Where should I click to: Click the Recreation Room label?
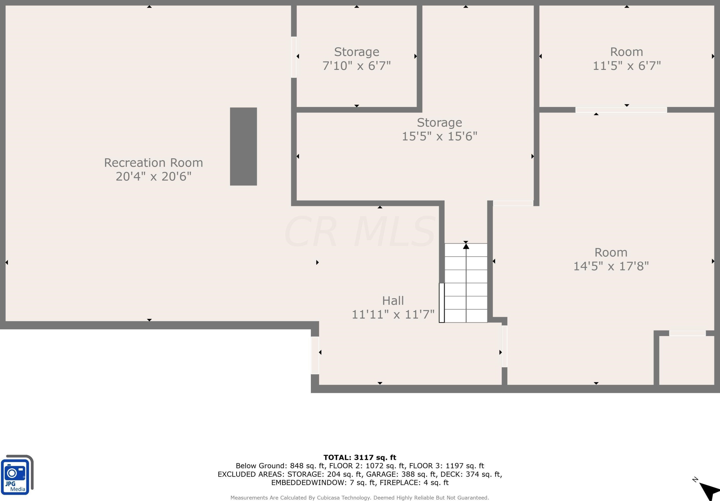click(153, 163)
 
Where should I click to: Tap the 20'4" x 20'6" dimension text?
click(153, 176)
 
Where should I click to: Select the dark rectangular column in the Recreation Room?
click(243, 146)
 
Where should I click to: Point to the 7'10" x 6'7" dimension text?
click(357, 66)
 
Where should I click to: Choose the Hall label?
click(393, 301)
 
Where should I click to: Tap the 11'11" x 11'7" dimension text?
click(393, 314)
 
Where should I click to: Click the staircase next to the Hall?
click(466, 283)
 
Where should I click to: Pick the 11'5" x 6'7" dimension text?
click(626, 66)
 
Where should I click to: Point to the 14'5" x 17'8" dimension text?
click(611, 266)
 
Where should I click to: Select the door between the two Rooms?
click(621, 110)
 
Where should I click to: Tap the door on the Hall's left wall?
click(315, 355)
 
